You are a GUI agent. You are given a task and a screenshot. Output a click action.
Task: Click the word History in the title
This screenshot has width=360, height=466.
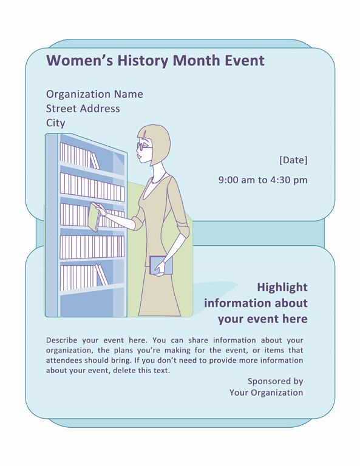(x=143, y=61)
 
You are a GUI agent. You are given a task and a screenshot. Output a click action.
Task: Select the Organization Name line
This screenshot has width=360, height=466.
(x=95, y=95)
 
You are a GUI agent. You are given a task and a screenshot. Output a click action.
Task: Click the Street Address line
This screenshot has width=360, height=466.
(x=83, y=109)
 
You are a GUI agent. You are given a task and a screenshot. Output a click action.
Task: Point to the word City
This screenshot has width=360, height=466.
(x=56, y=123)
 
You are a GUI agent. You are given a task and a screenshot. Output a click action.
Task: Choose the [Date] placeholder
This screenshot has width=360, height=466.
(x=293, y=160)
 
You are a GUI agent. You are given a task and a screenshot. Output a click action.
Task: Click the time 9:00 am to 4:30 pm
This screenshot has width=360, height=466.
(x=263, y=180)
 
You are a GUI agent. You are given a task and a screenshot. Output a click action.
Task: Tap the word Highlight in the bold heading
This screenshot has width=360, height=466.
(x=282, y=288)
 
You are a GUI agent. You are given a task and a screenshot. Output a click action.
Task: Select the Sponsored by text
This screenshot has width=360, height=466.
(x=275, y=381)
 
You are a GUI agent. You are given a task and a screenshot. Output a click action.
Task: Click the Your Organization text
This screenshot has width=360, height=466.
(x=266, y=393)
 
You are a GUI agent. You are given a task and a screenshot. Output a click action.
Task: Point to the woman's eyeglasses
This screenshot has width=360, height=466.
(x=144, y=146)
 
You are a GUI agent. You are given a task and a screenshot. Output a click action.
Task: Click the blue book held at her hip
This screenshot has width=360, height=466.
(x=161, y=265)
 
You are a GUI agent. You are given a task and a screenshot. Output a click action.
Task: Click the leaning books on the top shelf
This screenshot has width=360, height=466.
(x=95, y=161)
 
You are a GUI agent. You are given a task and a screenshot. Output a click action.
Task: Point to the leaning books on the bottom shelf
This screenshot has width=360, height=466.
(x=101, y=275)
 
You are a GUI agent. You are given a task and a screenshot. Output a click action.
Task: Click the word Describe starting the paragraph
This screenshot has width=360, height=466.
(x=61, y=340)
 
